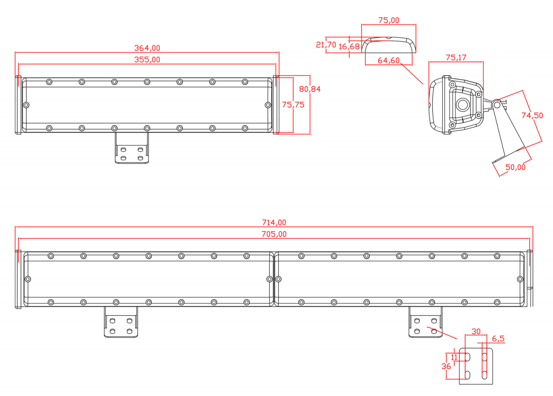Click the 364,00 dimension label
[x=146, y=48]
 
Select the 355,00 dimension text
[x=146, y=60]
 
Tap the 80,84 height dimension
[x=310, y=89]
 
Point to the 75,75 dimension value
[x=293, y=105]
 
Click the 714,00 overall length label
[x=274, y=222]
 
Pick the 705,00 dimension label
[x=274, y=234]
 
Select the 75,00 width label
[x=388, y=20]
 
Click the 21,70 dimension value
[x=326, y=45]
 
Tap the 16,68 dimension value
[x=349, y=46]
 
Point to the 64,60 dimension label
[x=388, y=61]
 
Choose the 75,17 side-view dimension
[x=456, y=58]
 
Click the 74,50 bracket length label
[x=532, y=116]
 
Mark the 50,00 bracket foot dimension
[x=515, y=167]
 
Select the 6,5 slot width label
[x=497, y=339]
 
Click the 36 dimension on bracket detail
[x=446, y=367]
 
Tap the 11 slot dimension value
[x=454, y=357]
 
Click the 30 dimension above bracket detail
[x=476, y=332]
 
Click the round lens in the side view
[x=462, y=105]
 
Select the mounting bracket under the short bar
[x=131, y=148]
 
